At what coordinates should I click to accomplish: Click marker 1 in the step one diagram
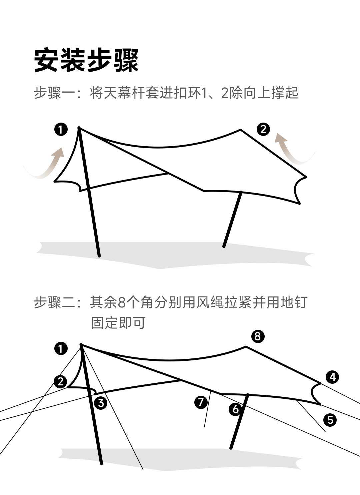(61, 129)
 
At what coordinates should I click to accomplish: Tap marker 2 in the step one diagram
(263, 129)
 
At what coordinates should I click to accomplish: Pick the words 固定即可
(118, 323)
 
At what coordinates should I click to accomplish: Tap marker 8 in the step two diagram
(257, 336)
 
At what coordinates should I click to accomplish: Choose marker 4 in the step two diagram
(332, 377)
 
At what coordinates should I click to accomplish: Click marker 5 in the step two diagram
(330, 419)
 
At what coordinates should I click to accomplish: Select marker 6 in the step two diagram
(235, 409)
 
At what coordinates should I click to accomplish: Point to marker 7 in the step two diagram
(201, 402)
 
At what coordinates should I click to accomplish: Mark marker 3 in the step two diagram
(101, 403)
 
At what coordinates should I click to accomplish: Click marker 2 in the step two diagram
(60, 381)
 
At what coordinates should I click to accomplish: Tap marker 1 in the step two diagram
(61, 349)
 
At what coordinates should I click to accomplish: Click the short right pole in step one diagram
(233, 219)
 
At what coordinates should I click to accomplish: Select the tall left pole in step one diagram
(89, 193)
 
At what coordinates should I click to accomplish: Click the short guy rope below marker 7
(207, 410)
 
